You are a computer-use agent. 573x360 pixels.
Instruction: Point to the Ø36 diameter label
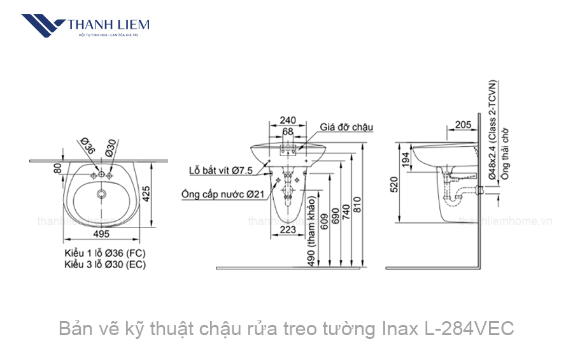tap(88, 147)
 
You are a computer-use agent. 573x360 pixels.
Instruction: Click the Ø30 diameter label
tap(111, 147)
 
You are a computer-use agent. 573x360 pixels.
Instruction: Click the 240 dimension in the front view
tap(288, 120)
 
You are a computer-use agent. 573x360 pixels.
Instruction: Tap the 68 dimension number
tap(288, 132)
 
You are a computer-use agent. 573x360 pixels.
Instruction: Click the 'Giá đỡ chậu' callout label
tap(346, 127)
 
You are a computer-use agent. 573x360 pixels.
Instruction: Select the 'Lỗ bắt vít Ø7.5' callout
tap(221, 170)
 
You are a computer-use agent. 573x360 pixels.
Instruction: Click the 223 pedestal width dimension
tap(288, 229)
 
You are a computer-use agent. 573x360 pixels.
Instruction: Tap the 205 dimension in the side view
tap(463, 125)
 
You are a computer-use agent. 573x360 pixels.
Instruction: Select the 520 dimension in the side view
tap(394, 184)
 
